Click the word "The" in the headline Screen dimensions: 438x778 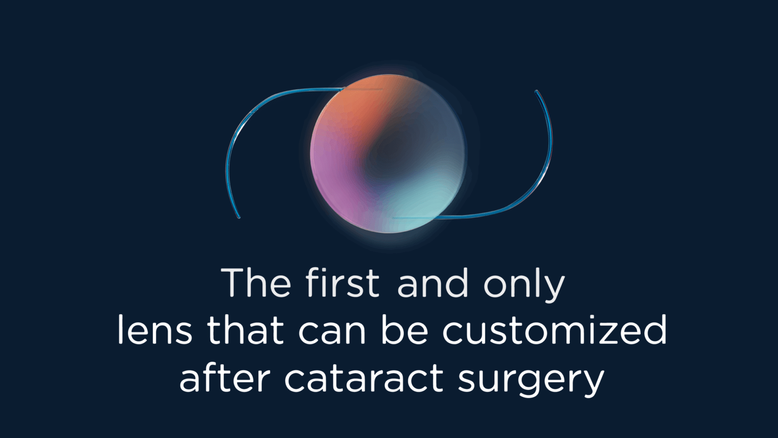coord(256,283)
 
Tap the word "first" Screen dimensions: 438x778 coord(342,283)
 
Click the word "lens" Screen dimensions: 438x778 coord(154,331)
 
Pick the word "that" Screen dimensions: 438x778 coord(245,331)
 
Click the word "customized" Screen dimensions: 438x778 coord(555,331)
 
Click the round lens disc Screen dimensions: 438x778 coord(387,154)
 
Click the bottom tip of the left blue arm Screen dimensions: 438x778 coord(239,217)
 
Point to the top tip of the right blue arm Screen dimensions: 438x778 coord(537,92)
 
